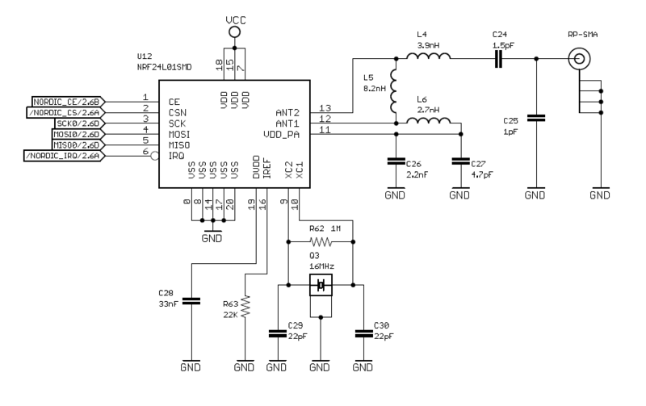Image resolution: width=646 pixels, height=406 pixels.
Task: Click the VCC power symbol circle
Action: coord(234,31)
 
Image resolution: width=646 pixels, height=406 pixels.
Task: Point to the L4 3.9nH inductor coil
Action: coord(428,58)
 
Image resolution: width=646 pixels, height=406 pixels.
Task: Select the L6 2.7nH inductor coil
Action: coord(428,123)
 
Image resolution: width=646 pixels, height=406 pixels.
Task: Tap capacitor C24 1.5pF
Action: coord(499,59)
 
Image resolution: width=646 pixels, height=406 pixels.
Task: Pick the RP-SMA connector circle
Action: coord(579,59)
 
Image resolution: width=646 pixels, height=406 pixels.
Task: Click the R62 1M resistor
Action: coord(321,241)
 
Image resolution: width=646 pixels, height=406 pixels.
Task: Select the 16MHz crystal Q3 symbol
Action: coord(321,285)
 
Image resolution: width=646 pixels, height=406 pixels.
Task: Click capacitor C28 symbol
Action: coord(191,301)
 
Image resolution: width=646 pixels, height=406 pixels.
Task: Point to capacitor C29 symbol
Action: coord(277,332)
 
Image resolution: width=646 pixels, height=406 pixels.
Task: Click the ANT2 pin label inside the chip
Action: coord(288,112)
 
